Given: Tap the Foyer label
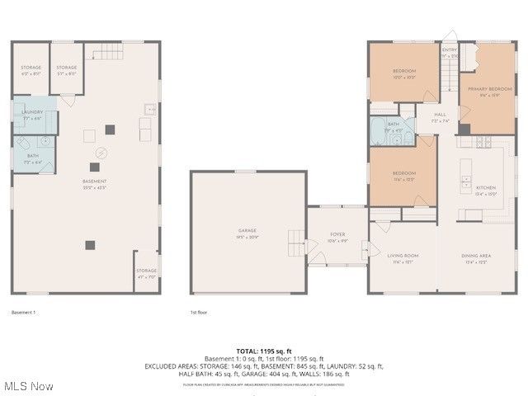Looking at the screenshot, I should (x=337, y=234).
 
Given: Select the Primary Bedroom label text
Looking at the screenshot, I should (x=484, y=88).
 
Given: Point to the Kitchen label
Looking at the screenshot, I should (x=486, y=187).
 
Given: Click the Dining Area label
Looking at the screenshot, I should (x=475, y=256).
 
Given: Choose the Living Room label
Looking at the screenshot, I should (x=403, y=256).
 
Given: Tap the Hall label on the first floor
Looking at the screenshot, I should (x=441, y=115).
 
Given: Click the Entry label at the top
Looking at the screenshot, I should (x=449, y=49).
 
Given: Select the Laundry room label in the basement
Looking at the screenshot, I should (x=33, y=112).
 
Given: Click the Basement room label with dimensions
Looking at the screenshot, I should (x=93, y=181).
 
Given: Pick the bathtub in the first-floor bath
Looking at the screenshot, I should (x=381, y=132).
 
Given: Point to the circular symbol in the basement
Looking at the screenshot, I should (x=102, y=152).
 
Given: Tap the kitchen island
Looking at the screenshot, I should (x=466, y=169).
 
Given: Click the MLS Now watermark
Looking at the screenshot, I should (x=28, y=386).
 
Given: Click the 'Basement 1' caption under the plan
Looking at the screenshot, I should (x=24, y=313).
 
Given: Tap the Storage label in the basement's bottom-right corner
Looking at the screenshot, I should (x=146, y=271).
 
